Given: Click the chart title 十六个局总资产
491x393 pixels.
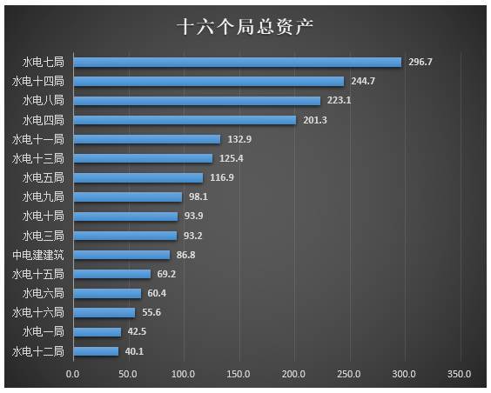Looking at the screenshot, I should pos(245,26).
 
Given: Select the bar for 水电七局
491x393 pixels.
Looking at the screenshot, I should pos(237,63).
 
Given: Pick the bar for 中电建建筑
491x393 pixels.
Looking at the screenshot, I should pos(122,255).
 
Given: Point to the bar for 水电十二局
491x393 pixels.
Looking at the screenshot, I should pos(96,351).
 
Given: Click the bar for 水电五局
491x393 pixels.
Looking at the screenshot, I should pos(138,177).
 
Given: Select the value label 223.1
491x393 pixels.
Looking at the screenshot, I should pos(340,101).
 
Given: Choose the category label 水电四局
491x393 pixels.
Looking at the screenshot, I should pos(43,120).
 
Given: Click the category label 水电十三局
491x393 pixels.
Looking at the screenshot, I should pos(38,158).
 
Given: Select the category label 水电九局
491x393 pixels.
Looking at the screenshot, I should pos(43,197).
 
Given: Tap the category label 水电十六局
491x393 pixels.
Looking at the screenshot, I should pos(38,312).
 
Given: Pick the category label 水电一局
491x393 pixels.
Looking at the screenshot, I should pos(43,331).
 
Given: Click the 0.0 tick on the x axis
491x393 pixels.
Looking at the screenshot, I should pos(73,374).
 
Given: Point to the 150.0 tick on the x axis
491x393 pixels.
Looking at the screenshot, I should pos(239,374).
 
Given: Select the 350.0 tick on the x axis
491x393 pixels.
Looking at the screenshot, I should pos(460,374).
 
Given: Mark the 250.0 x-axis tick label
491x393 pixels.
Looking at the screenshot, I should pos(349,374).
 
